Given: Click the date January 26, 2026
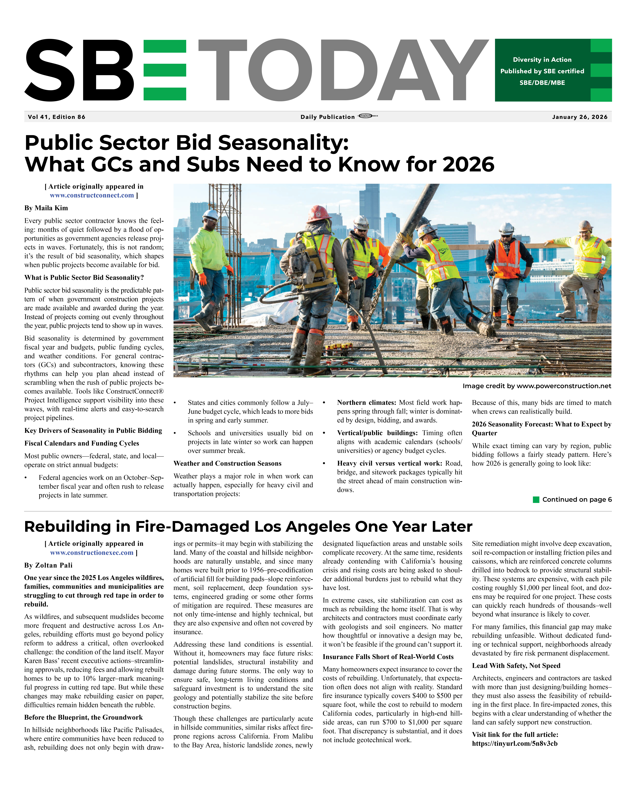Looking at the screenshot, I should (579, 117).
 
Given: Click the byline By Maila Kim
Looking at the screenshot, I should (46, 208).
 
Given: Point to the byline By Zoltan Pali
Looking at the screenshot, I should (48, 565).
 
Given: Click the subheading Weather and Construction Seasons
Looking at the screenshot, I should (227, 463).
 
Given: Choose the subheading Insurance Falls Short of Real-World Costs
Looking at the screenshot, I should (388, 657).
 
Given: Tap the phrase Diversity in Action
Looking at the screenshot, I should (542, 60).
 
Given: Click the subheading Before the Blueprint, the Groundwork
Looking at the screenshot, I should (83, 717).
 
